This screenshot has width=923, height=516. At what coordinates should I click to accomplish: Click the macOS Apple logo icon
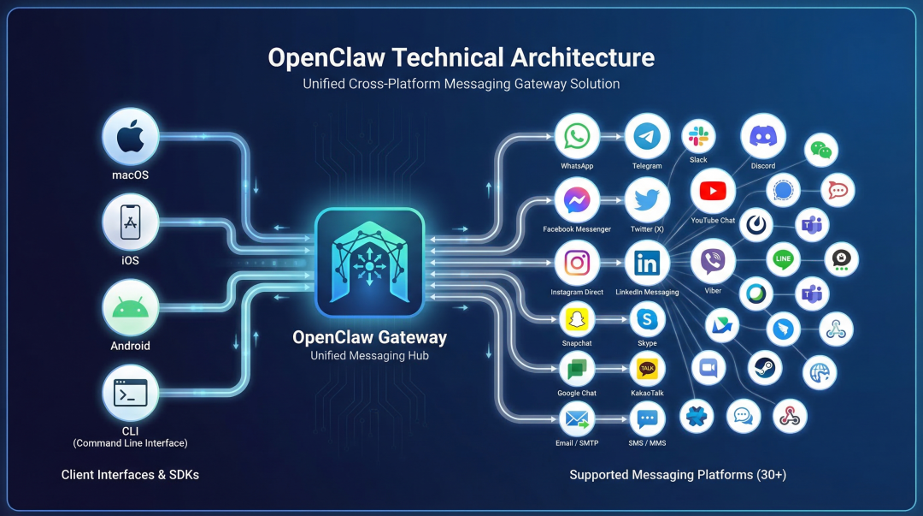coord(131,136)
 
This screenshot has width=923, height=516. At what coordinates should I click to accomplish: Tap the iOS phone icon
coord(131,222)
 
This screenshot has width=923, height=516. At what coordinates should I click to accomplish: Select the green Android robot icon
coord(131,307)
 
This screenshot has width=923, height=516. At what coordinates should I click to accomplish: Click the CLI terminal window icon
coord(131,393)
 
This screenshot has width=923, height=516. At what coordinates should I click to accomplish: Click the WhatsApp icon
coord(577,136)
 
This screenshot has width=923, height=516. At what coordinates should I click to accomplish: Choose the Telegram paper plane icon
coord(647,136)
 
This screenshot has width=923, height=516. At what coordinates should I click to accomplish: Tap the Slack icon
coord(698,137)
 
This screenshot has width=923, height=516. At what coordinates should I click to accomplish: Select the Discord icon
coord(763,135)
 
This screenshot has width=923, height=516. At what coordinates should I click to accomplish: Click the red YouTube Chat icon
coord(713,191)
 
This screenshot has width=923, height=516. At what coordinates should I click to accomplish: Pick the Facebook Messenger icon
coord(577,200)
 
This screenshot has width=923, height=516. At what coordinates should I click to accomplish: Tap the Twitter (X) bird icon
coord(647,200)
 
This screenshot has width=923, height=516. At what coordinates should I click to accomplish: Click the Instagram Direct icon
coord(577,263)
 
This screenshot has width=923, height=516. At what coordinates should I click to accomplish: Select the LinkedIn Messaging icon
coord(647,263)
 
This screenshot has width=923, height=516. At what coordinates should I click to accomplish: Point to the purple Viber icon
coord(713,262)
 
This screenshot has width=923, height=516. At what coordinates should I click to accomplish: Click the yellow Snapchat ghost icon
coord(577,319)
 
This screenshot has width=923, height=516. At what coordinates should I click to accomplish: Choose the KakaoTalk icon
coord(647,369)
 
